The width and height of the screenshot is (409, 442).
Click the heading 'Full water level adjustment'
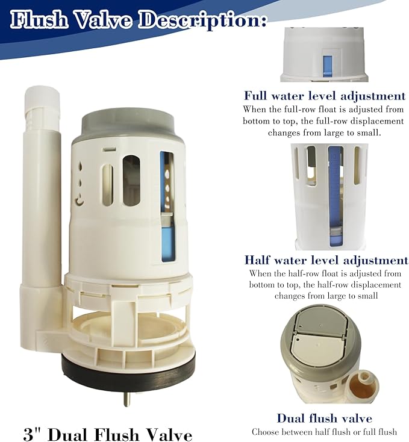pyautogui.click(x=324, y=96)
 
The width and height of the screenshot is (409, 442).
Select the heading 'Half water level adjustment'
pyautogui.click(x=326, y=260)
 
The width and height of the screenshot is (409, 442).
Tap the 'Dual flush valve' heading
pyautogui.click(x=324, y=418)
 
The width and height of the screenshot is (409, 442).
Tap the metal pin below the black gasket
pyautogui.click(x=126, y=399)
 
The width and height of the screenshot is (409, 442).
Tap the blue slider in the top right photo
pyautogui.click(x=328, y=63)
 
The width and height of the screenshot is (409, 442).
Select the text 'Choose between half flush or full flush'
pyautogui.click(x=324, y=432)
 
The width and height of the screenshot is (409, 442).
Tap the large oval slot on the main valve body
pyautogui.click(x=131, y=180)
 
